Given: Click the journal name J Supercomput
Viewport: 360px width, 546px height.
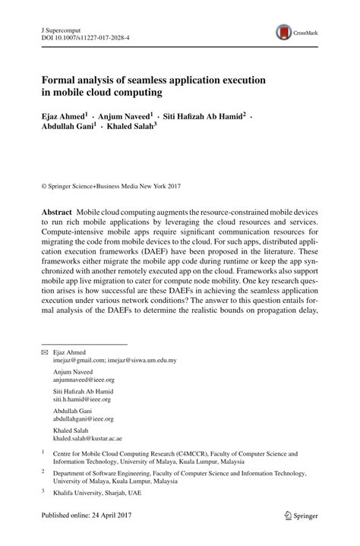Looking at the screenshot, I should tap(62, 27).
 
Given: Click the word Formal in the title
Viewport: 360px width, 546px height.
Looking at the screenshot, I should tap(59, 80).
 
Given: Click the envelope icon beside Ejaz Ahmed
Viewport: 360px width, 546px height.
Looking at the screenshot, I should tap(44, 353).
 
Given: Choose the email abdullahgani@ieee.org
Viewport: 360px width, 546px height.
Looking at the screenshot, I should tap(83, 418).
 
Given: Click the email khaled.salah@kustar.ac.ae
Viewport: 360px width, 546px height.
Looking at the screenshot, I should tap(87, 438).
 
